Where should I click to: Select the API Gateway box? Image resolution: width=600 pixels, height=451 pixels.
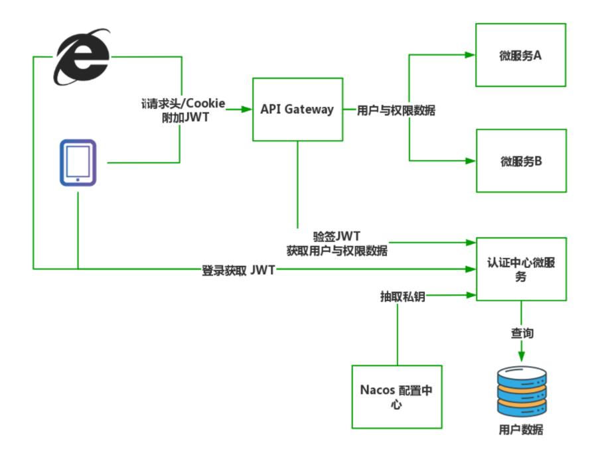[x=297, y=109]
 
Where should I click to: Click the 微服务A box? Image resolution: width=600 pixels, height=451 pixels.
[x=520, y=55]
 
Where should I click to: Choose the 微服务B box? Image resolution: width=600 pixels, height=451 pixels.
[x=521, y=161]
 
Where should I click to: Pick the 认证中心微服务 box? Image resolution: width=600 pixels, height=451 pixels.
[x=521, y=269]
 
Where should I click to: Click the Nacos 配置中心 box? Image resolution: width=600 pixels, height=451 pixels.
[x=396, y=396]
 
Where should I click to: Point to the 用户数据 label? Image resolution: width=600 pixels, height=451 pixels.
[x=521, y=429]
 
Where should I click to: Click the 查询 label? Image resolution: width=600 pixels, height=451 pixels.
[x=522, y=333]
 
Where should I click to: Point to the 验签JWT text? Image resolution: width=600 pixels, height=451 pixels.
[x=337, y=237]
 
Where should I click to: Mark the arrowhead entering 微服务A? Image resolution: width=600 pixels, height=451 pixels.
[x=471, y=55]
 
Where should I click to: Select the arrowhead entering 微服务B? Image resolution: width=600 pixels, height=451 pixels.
[x=471, y=161]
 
